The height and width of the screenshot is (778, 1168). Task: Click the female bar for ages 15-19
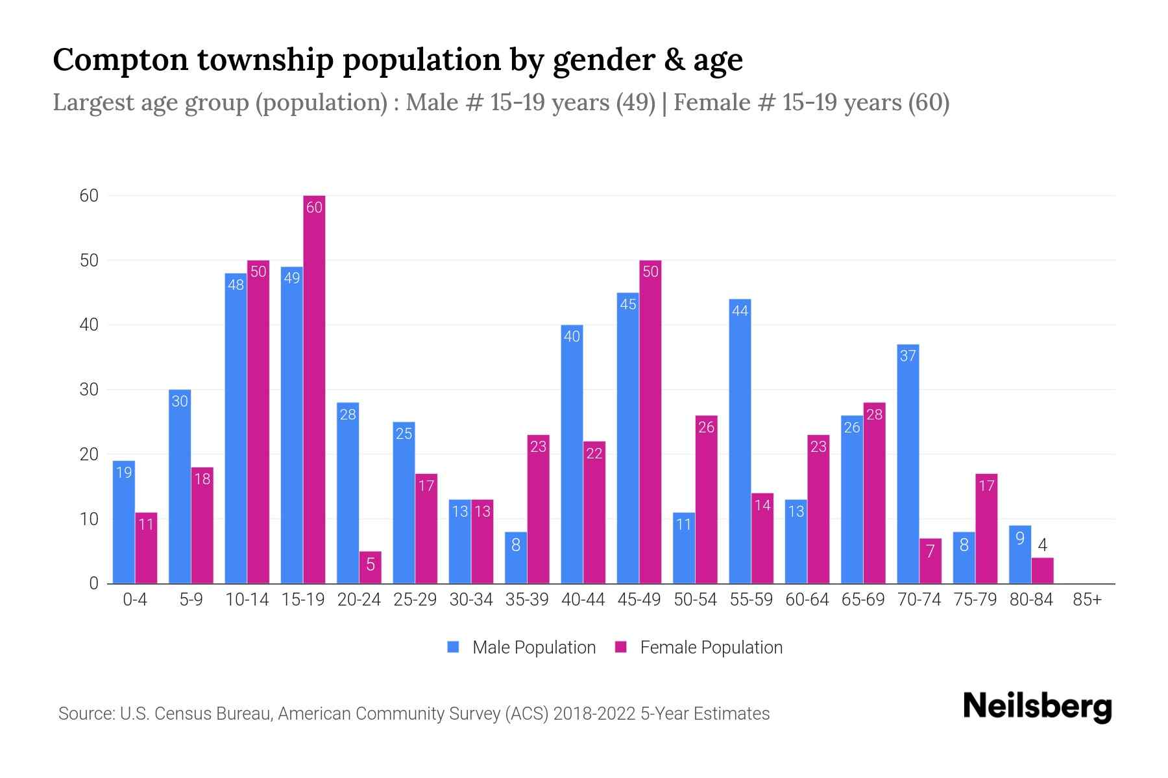click(x=314, y=389)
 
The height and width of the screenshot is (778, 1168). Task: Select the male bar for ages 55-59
click(x=740, y=441)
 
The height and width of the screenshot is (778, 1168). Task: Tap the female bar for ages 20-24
click(x=370, y=568)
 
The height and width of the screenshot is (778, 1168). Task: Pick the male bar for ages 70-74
click(x=908, y=464)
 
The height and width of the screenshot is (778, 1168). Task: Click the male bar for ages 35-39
click(x=516, y=558)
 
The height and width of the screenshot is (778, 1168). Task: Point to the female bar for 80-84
click(x=1042, y=571)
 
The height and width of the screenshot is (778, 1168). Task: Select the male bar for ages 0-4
click(x=123, y=522)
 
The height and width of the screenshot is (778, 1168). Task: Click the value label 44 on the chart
click(x=740, y=311)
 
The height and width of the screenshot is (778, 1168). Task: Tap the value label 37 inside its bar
click(x=908, y=355)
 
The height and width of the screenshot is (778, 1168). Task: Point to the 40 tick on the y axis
click(x=89, y=325)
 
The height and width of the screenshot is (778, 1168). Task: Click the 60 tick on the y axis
click(x=89, y=196)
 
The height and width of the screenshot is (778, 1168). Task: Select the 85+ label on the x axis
click(x=1087, y=600)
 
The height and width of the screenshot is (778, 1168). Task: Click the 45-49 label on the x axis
click(x=639, y=600)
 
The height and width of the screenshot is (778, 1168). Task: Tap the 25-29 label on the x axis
click(x=415, y=600)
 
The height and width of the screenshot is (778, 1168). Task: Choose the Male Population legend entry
click(x=533, y=647)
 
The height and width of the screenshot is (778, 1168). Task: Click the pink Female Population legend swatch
click(x=621, y=647)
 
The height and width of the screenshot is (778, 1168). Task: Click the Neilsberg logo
click(x=1037, y=706)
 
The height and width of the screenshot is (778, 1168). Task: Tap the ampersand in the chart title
click(x=674, y=60)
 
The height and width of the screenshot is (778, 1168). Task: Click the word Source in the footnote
click(x=86, y=714)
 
